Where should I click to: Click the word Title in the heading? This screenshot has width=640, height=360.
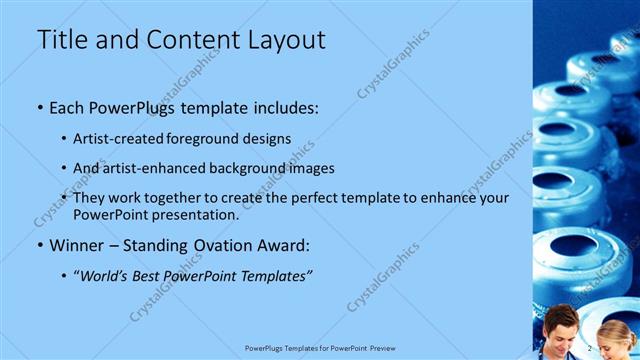[60, 40]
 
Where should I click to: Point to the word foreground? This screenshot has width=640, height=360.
[211, 138]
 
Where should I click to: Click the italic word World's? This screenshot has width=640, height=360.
[110, 275]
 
